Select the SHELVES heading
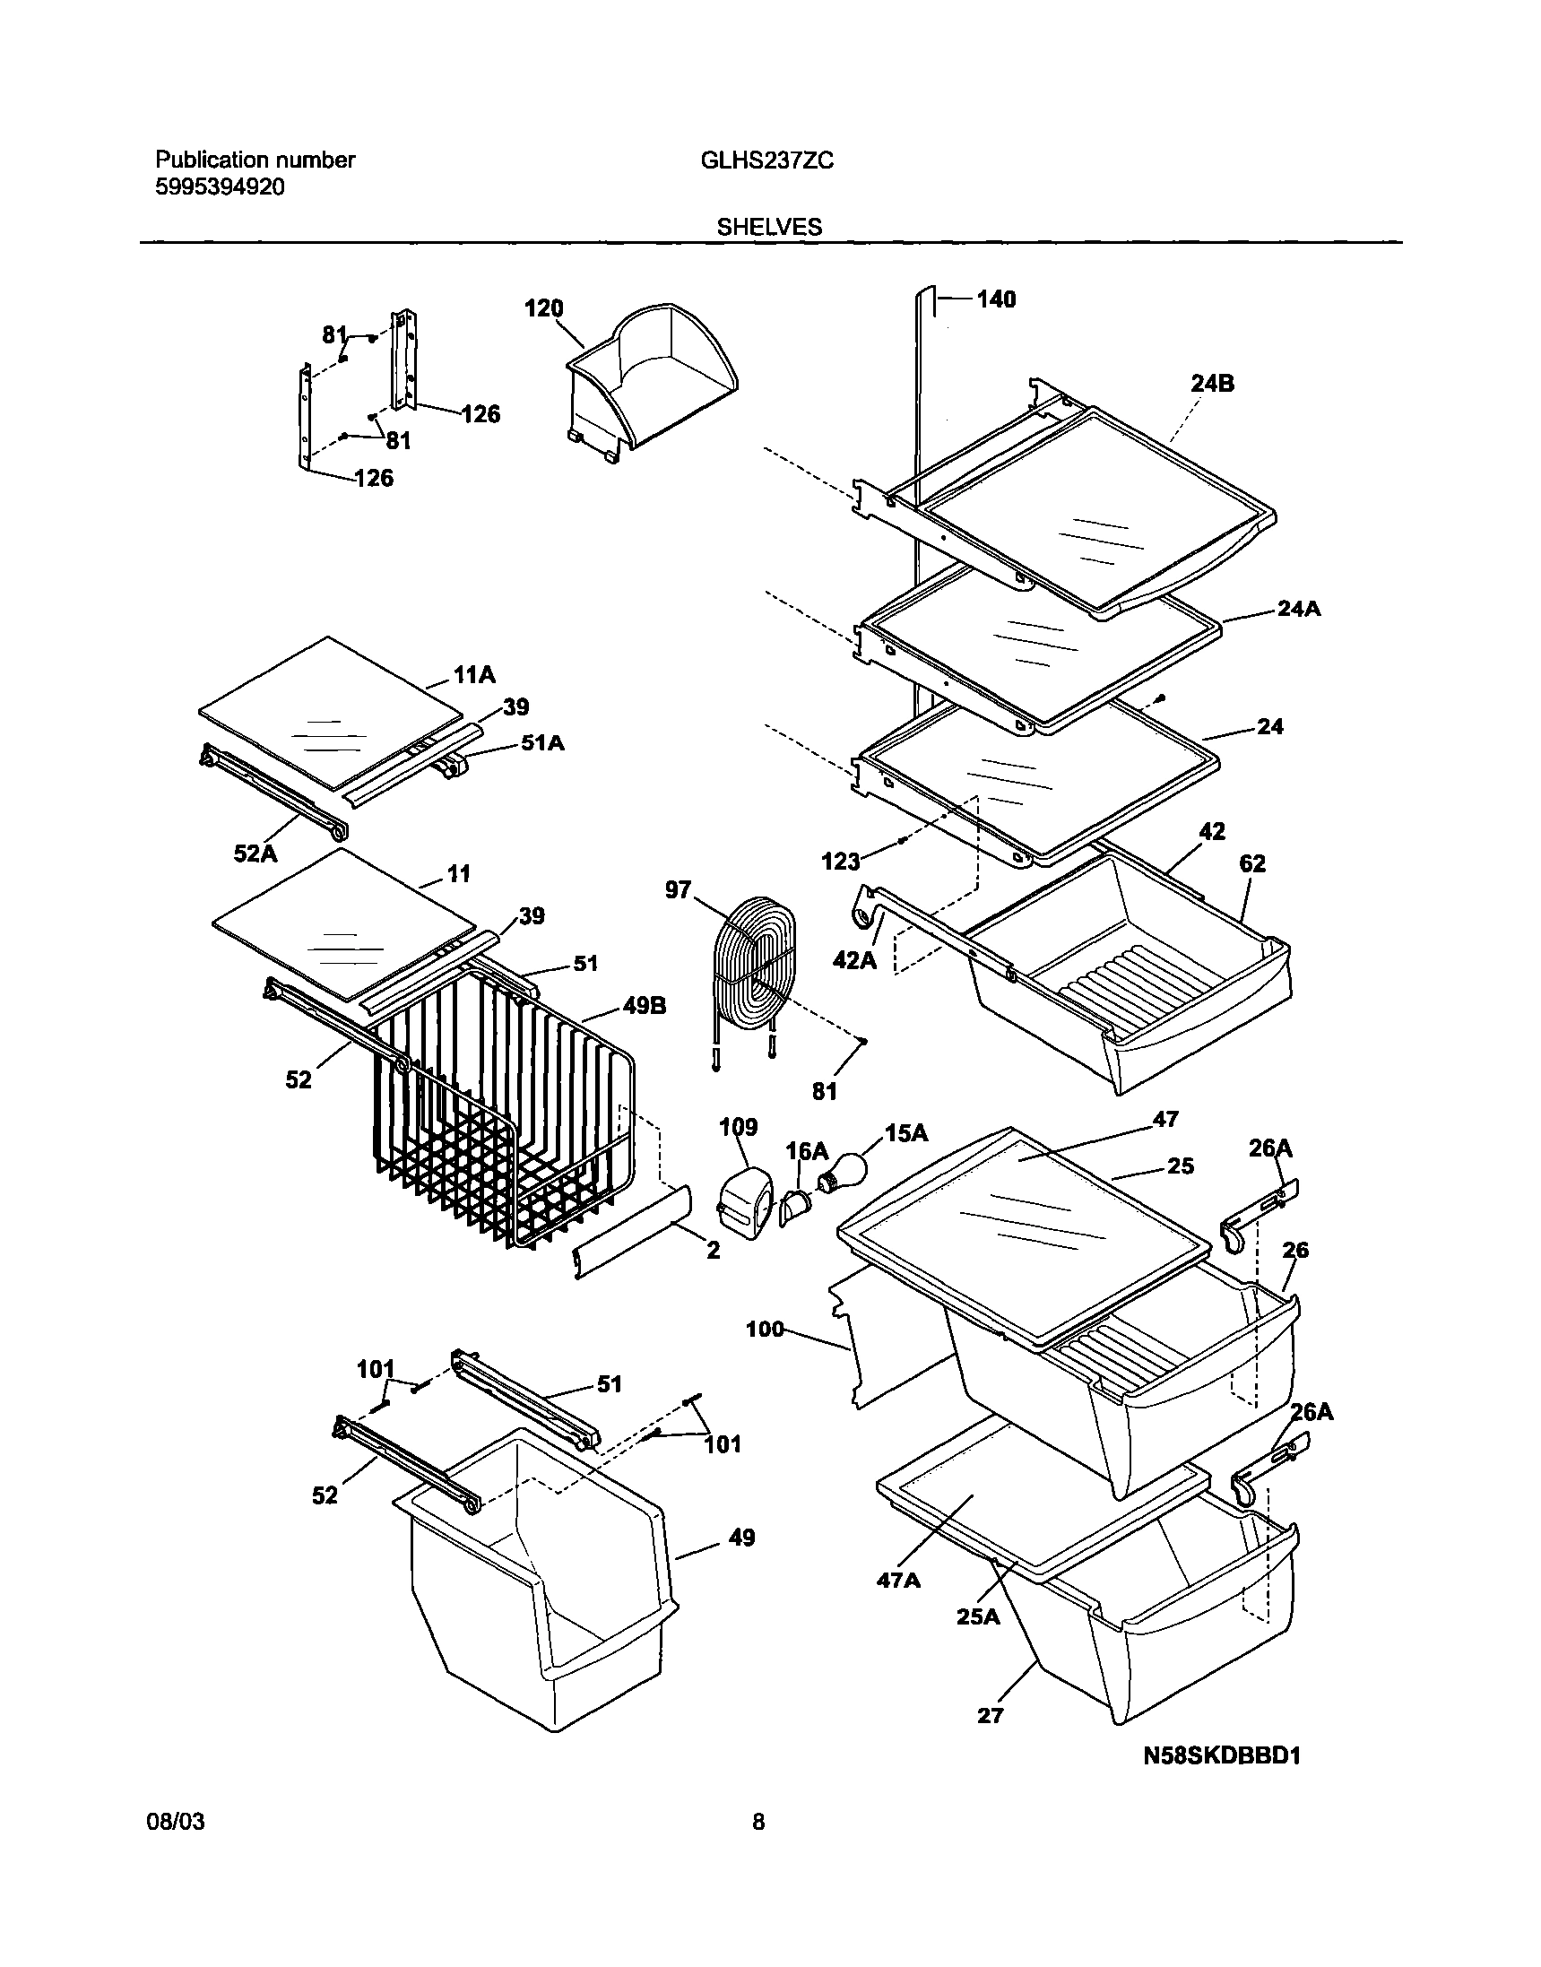pyautogui.click(x=768, y=228)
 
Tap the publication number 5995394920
pyautogui.click(x=221, y=187)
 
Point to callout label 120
pyautogui.click(x=544, y=308)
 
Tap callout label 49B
pyautogui.click(x=645, y=1006)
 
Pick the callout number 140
pyautogui.click(x=996, y=299)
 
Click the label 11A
pyautogui.click(x=474, y=675)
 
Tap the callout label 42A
pyautogui.click(x=853, y=960)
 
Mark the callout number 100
pyautogui.click(x=764, y=1329)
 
